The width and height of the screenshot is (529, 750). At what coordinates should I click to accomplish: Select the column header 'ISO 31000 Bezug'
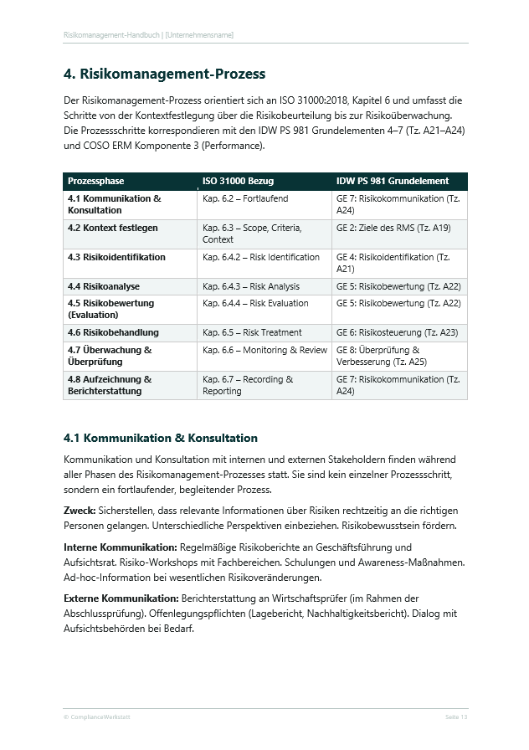coord(238,181)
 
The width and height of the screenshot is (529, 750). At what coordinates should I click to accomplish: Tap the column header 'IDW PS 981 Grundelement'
coord(393,181)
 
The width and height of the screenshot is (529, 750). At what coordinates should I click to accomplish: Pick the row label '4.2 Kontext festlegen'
coord(113,228)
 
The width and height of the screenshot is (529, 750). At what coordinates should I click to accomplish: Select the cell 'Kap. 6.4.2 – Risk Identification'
coord(261,257)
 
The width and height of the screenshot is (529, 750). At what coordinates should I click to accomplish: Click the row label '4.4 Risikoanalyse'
coord(104,286)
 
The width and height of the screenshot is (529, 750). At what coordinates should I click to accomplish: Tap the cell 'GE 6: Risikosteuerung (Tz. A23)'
coord(397,332)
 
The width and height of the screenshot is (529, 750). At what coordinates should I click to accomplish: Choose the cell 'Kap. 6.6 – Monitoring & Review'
coord(264,350)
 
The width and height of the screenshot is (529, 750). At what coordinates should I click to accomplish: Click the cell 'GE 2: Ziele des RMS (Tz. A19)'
coord(393,228)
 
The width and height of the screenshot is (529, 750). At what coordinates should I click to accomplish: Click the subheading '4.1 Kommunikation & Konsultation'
coord(161,438)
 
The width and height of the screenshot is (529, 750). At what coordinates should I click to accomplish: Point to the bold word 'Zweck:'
coord(80,510)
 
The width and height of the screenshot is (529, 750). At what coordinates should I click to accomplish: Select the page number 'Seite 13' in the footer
coord(455,717)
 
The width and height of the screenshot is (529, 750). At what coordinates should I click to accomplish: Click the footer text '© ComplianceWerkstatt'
coord(96,717)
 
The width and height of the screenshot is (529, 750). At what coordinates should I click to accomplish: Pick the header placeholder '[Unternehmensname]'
coord(200,35)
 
